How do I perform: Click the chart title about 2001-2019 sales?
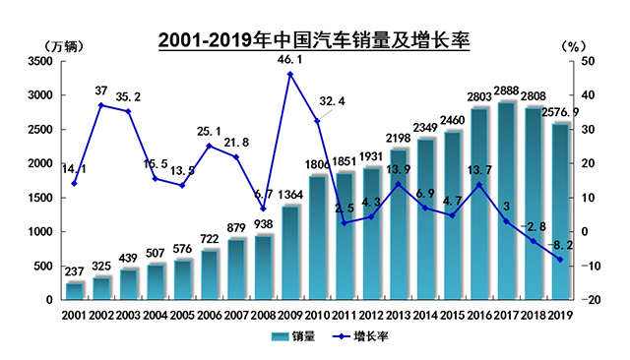[x=314, y=41]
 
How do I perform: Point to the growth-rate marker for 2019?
[x=561, y=260]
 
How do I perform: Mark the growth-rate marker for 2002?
[x=101, y=105]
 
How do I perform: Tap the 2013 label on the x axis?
[x=398, y=315]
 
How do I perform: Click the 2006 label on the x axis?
[x=210, y=315]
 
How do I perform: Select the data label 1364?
[x=290, y=194]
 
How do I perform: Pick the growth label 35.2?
[x=129, y=97]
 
